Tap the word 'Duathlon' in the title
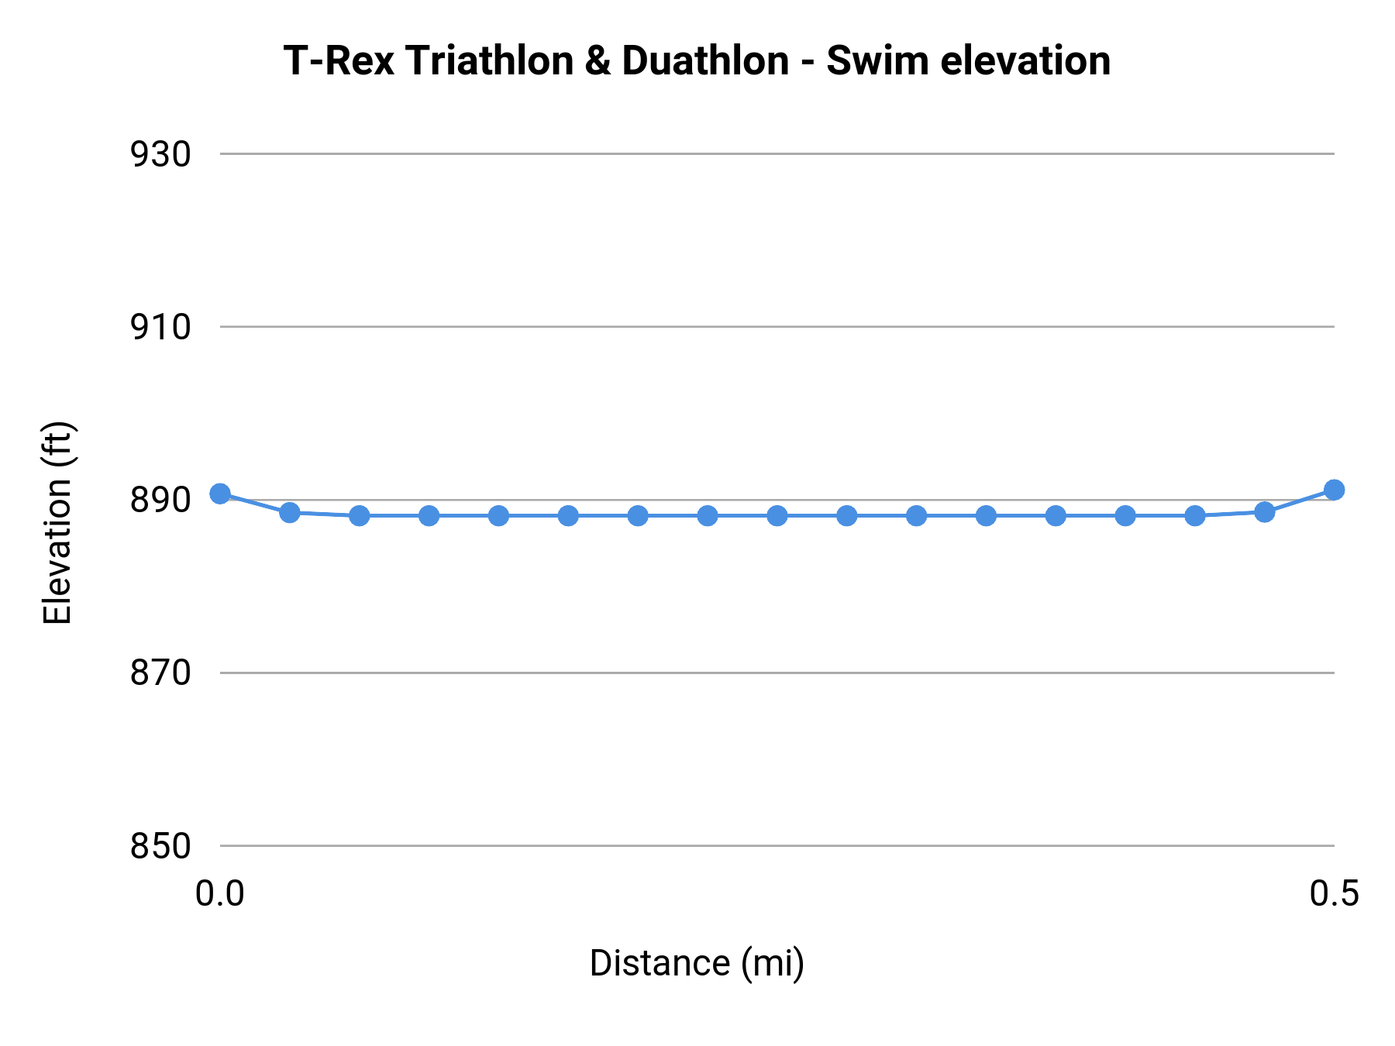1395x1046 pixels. point(704,60)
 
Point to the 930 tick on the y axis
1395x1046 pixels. point(160,155)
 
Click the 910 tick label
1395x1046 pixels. point(160,328)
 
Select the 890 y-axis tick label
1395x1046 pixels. point(160,501)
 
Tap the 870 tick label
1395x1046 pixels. point(160,673)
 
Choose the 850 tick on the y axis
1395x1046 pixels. point(160,846)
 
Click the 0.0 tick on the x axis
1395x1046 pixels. point(220,893)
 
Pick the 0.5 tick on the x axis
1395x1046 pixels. point(1334,893)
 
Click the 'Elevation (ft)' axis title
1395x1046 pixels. point(57,523)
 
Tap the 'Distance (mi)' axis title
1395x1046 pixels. point(697,963)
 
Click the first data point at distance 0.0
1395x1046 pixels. point(220,494)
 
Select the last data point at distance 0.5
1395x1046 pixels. point(1334,490)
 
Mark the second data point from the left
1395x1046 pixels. point(290,512)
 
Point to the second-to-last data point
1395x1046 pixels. point(1264,512)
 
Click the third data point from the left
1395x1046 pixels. point(360,515)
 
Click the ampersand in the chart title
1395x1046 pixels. point(598,60)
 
